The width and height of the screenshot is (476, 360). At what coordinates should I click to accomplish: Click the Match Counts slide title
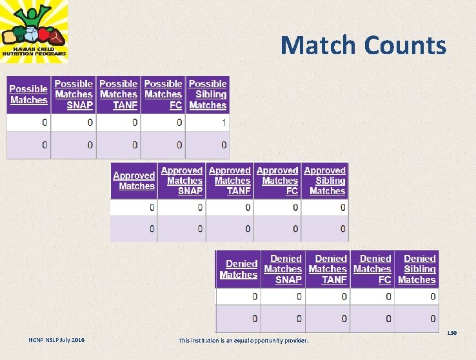363,45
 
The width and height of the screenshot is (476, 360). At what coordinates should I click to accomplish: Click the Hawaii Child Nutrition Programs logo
34,31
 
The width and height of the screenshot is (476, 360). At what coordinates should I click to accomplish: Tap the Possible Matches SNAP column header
74,94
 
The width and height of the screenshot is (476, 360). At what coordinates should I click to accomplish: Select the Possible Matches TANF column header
119,94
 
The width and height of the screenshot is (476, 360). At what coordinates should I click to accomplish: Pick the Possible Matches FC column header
163,94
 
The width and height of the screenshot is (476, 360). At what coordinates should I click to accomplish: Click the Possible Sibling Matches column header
208,94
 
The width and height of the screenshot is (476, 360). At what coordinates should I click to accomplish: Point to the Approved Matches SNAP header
181,181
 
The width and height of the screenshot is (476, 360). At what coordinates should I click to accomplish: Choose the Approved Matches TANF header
230,181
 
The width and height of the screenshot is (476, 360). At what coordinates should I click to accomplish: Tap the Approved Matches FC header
277,181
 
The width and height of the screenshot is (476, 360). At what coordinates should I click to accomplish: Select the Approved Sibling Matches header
325,181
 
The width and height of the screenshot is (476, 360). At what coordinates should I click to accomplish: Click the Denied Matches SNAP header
283,269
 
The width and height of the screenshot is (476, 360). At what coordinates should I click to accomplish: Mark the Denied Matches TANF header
328,269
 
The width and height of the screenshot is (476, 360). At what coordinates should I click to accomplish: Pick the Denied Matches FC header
372,269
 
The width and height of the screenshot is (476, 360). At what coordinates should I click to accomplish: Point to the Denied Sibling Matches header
417,269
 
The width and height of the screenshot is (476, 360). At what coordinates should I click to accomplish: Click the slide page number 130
451,333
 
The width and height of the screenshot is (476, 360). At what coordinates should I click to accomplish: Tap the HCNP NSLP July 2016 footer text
56,340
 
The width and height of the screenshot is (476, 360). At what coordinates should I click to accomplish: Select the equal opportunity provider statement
243,341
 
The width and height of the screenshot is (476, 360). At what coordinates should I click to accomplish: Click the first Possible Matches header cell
28,95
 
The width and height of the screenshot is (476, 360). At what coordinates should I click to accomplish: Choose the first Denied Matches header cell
239,269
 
